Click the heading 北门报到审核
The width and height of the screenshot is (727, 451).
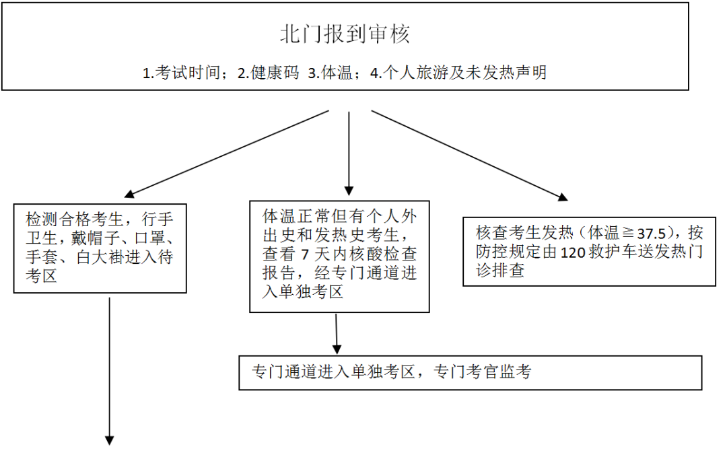tap(345, 34)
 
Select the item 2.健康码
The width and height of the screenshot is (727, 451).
tap(269, 73)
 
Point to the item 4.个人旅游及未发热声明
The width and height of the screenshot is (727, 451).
tap(458, 73)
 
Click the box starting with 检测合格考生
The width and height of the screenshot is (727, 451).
tap(100, 247)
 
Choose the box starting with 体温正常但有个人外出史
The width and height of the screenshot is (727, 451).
tap(339, 255)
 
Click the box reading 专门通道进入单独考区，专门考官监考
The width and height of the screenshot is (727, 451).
tap(471, 372)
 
